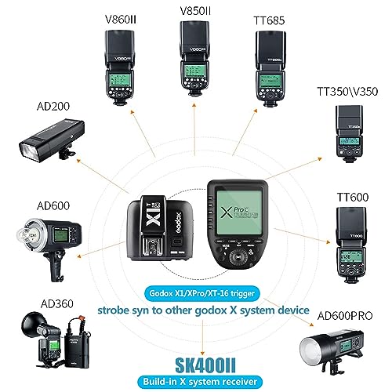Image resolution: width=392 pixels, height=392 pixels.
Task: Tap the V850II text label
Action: (196, 11)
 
